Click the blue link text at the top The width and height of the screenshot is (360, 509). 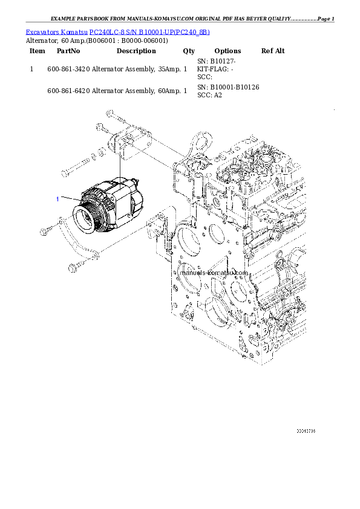coord(117,32)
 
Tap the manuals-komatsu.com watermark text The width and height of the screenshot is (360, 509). coord(215,273)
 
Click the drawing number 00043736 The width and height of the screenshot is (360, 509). coord(306,431)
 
